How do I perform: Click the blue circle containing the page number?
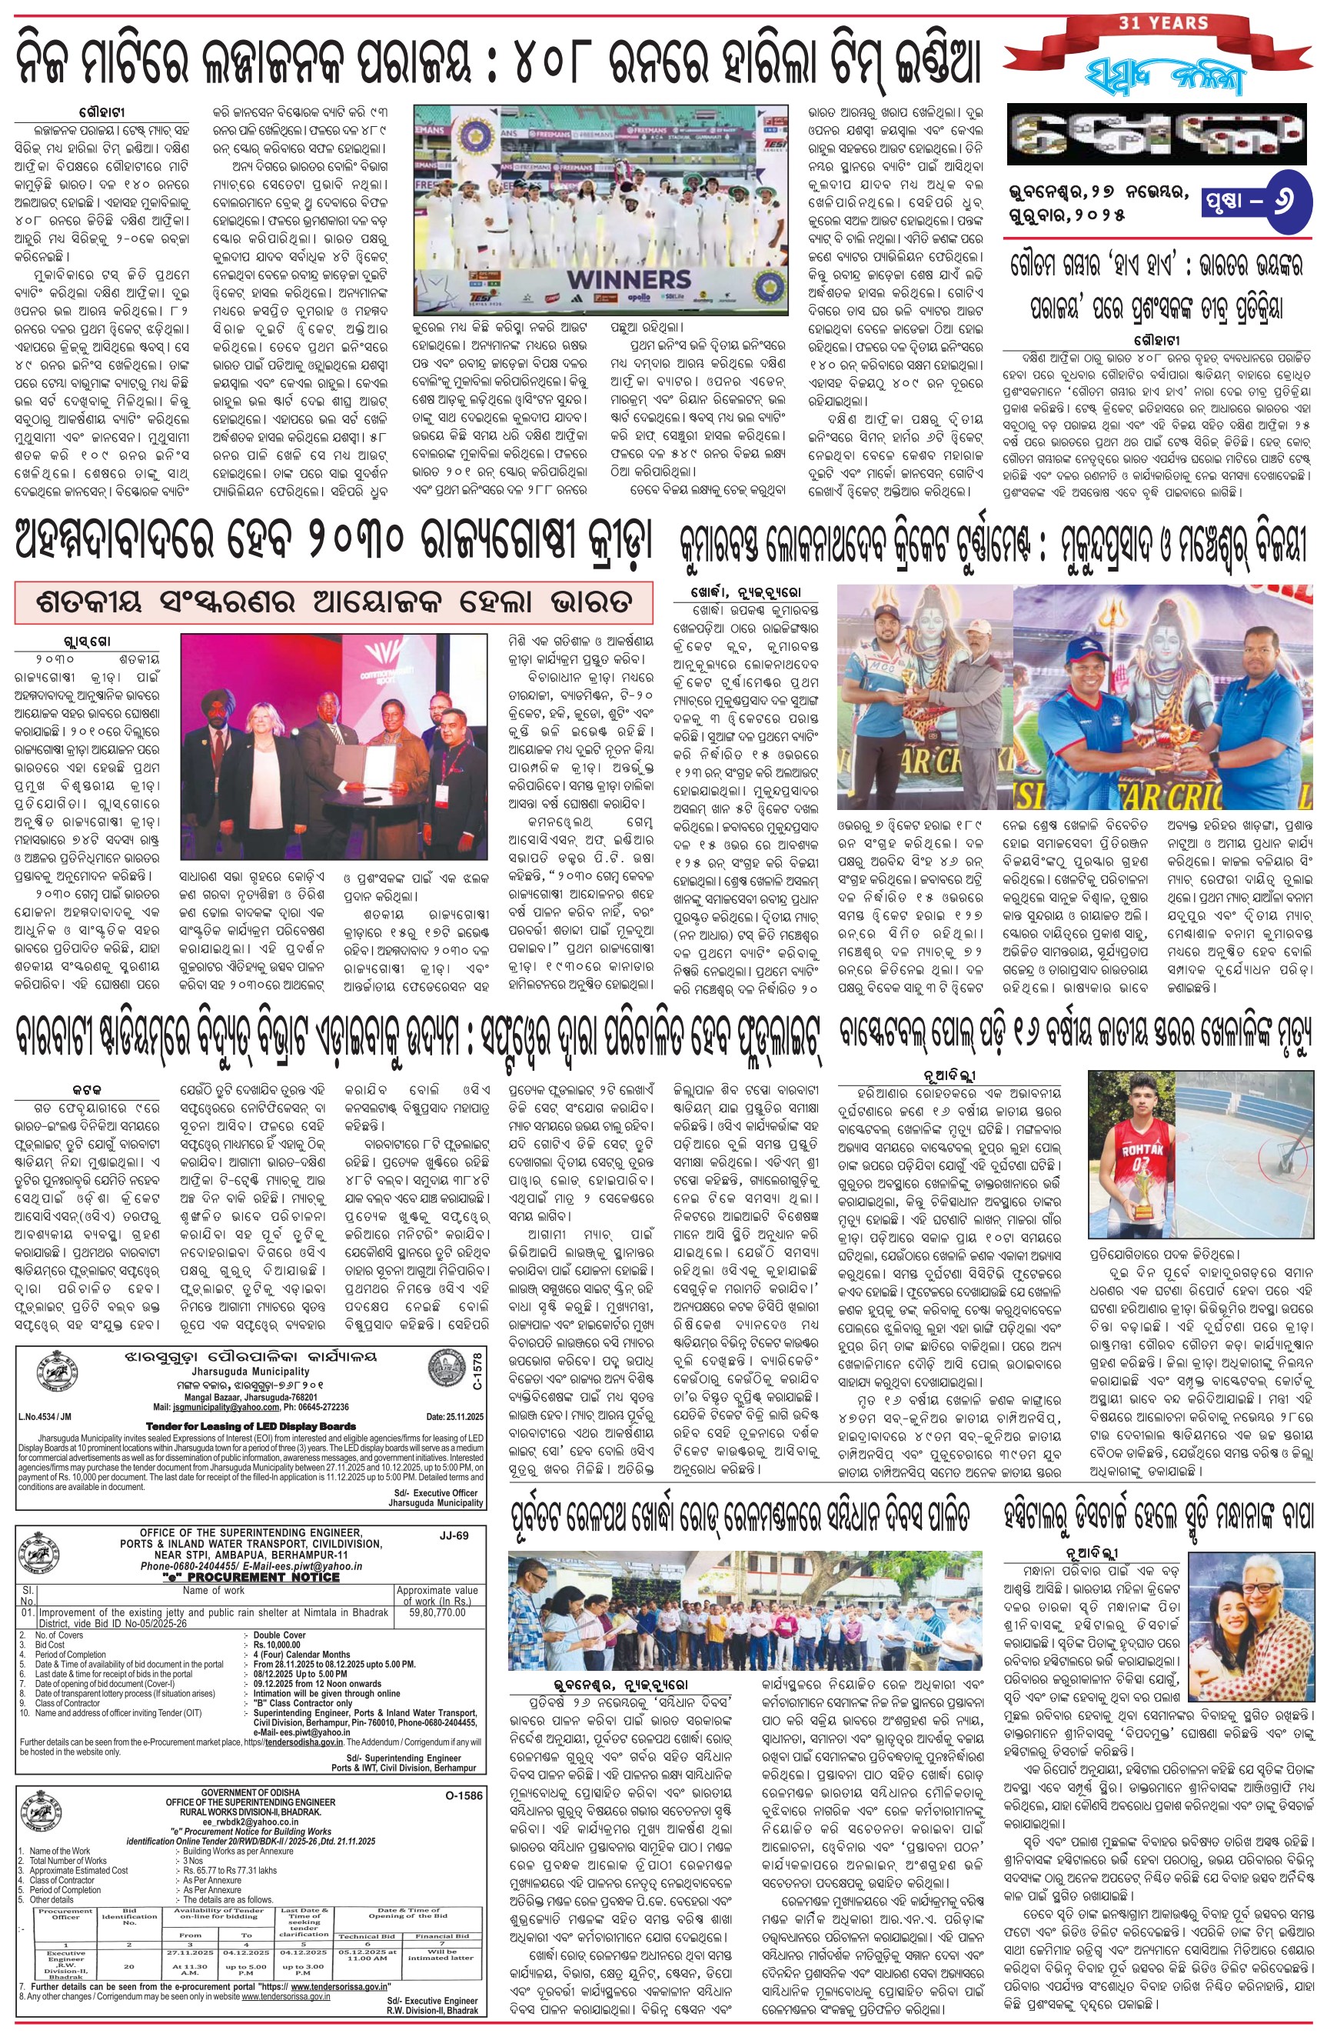click(1286, 201)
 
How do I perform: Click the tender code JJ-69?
click(454, 1535)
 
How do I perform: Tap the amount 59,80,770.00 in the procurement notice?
click(437, 1612)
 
